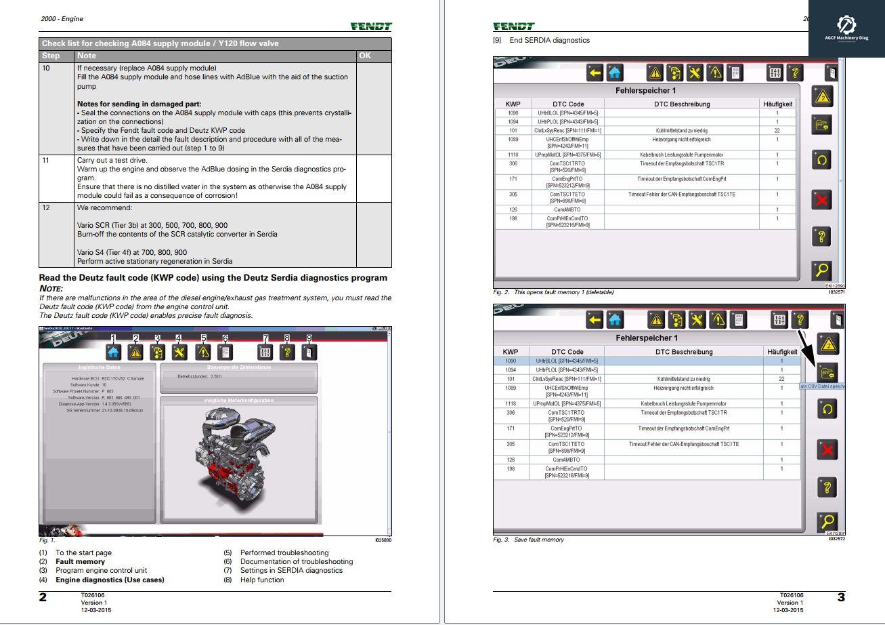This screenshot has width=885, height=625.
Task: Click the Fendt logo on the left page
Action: (x=371, y=26)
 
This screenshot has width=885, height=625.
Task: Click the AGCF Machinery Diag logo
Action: (x=846, y=29)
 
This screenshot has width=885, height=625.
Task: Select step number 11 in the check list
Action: (x=46, y=161)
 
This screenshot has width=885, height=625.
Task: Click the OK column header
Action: (x=365, y=56)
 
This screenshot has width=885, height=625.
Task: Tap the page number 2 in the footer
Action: (x=43, y=597)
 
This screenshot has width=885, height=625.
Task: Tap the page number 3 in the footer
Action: (x=841, y=597)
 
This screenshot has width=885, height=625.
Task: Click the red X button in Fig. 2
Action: (x=822, y=200)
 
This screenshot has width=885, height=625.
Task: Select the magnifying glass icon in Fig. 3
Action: (x=827, y=522)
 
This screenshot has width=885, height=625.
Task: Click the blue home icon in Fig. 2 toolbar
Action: (x=615, y=73)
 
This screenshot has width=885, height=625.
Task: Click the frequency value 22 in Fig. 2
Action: (x=777, y=131)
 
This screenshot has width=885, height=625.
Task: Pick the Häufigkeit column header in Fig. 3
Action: (x=781, y=352)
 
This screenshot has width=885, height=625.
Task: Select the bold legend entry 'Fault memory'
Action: (x=80, y=561)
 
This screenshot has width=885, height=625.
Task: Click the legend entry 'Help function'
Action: (x=261, y=580)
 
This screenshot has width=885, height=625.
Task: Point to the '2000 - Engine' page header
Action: (x=62, y=19)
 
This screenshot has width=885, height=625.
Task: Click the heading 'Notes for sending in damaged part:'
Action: (x=139, y=104)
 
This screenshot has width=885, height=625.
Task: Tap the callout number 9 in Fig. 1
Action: (x=309, y=338)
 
